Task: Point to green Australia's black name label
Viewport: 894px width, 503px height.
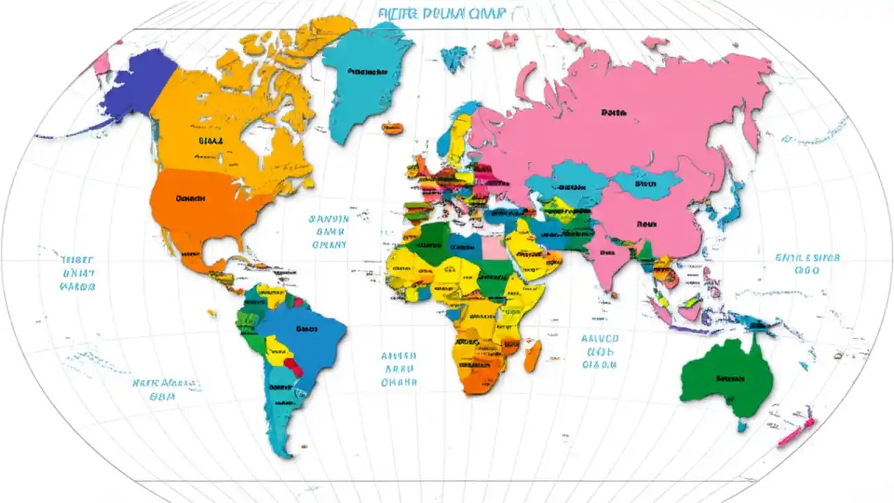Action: point(731,379)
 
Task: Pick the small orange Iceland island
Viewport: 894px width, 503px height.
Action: point(393,128)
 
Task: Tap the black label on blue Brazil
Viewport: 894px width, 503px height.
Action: point(307,328)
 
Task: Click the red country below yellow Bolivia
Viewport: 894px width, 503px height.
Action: point(294,367)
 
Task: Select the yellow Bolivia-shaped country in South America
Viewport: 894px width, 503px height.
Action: point(279,349)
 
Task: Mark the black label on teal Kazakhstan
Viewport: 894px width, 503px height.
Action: point(572,187)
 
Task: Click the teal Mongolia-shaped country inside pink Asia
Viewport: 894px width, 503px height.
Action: point(645,183)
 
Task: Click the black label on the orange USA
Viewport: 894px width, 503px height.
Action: point(191,198)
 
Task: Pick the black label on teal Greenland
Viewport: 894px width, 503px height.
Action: point(367,71)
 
